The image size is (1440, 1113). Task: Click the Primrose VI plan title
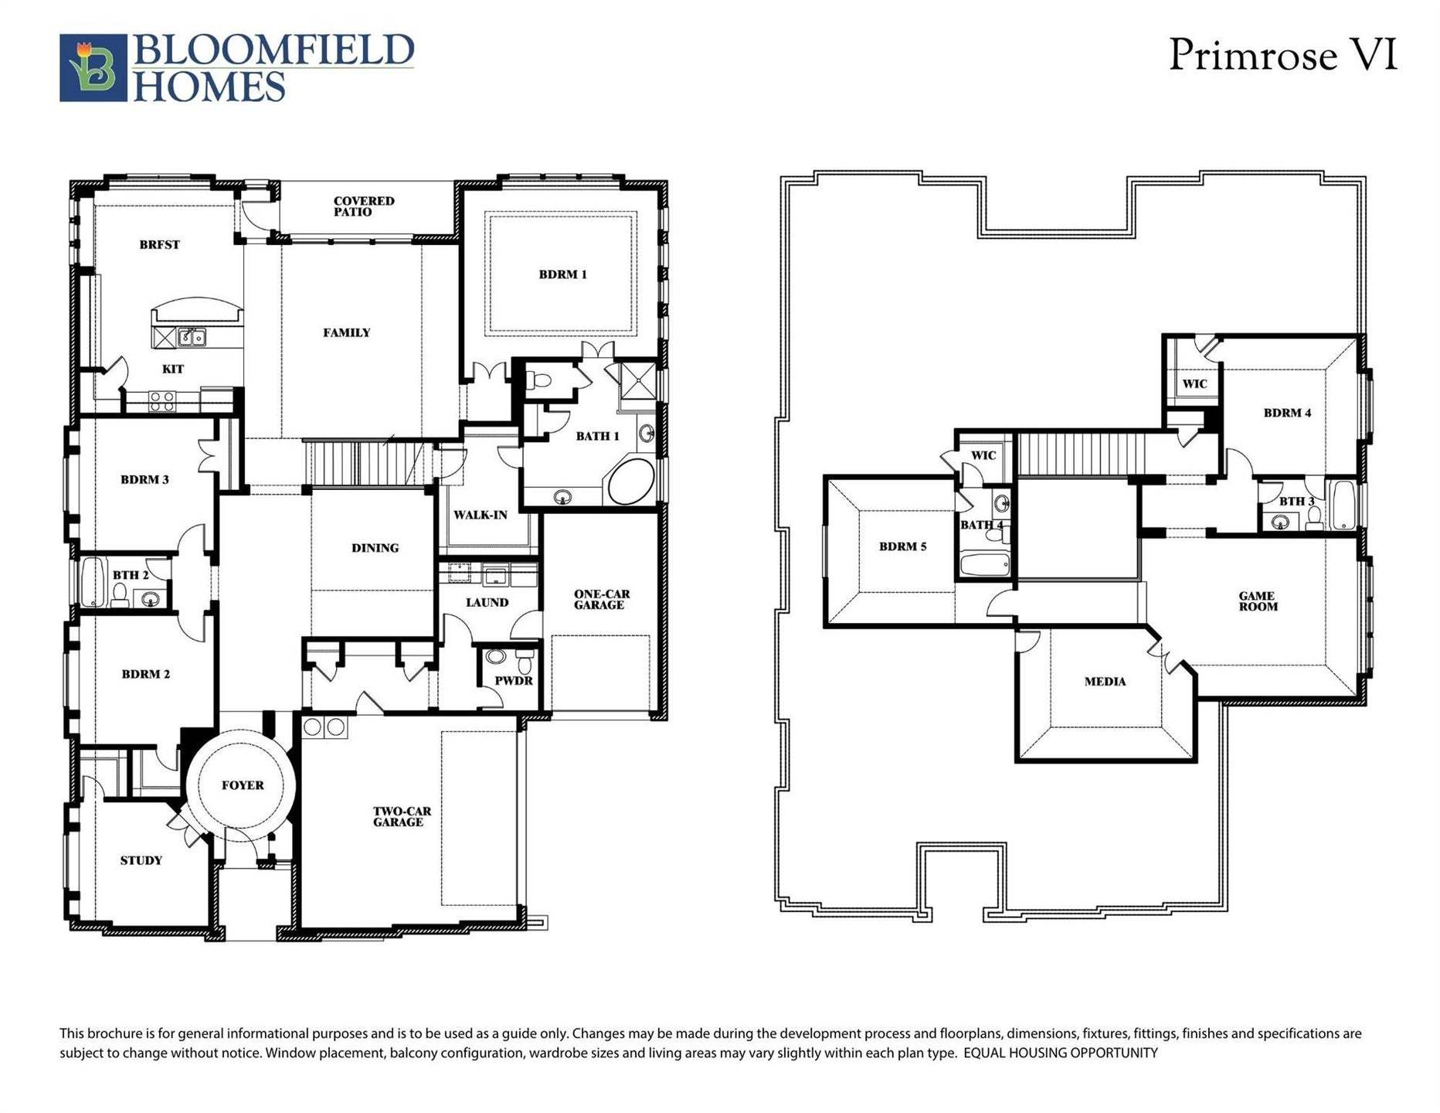(x=1282, y=56)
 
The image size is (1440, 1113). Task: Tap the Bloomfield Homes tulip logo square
(x=93, y=68)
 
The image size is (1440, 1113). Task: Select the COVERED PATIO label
(x=364, y=206)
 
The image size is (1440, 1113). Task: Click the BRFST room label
(x=159, y=245)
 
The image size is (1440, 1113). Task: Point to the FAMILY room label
(x=346, y=333)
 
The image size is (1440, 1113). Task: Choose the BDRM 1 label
(x=562, y=274)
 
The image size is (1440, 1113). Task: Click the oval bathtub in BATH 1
(x=631, y=482)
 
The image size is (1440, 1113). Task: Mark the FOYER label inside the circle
(x=243, y=785)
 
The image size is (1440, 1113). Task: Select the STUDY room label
(x=141, y=860)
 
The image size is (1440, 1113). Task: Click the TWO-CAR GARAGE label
(x=402, y=817)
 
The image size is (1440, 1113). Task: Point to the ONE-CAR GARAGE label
(x=601, y=600)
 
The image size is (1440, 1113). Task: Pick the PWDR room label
(x=514, y=681)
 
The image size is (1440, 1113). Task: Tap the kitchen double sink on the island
(x=192, y=337)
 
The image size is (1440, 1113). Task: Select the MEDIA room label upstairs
(x=1105, y=682)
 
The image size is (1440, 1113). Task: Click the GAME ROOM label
(x=1257, y=601)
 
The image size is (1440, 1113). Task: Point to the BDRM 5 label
(x=902, y=546)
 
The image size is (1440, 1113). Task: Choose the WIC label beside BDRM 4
(x=1194, y=384)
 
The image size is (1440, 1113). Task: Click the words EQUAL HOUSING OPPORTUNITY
(x=1061, y=1053)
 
